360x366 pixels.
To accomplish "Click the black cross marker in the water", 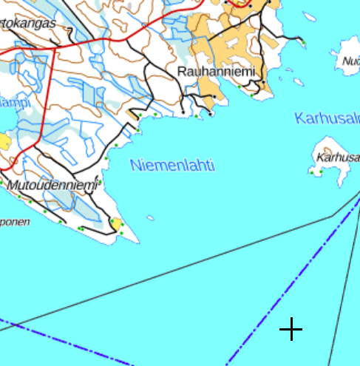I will coord(291,329).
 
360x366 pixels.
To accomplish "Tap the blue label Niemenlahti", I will coord(172,166).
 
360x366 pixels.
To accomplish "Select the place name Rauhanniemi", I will coord(215,72).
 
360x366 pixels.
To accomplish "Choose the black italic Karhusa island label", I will coord(337,157).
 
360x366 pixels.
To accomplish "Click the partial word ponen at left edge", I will coord(15,221).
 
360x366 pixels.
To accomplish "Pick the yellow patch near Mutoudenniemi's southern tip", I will coord(116,223).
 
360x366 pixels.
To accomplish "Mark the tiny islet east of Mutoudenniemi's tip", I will coord(150,217).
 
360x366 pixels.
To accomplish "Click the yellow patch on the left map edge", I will coord(4,140).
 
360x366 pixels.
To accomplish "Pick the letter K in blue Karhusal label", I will coord(299,118).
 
